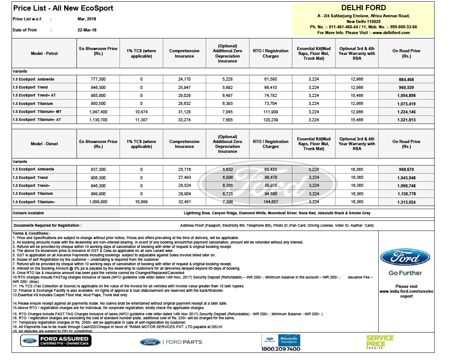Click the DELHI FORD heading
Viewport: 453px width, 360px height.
[x=364, y=8]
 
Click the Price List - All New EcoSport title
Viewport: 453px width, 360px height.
[x=63, y=8]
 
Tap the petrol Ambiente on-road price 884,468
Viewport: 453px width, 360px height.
[x=406, y=80]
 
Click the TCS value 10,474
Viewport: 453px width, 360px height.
[x=141, y=112]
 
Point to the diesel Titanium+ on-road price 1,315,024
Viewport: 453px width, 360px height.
[x=406, y=202]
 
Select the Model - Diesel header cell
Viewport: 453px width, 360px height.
[x=44, y=144]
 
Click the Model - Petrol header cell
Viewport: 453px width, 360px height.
[x=44, y=54]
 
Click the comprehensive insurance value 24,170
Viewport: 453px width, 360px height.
[x=184, y=80]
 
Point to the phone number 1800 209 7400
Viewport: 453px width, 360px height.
[x=281, y=349]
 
